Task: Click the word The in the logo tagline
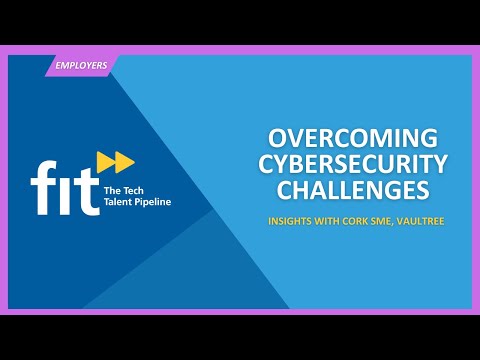113,187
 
